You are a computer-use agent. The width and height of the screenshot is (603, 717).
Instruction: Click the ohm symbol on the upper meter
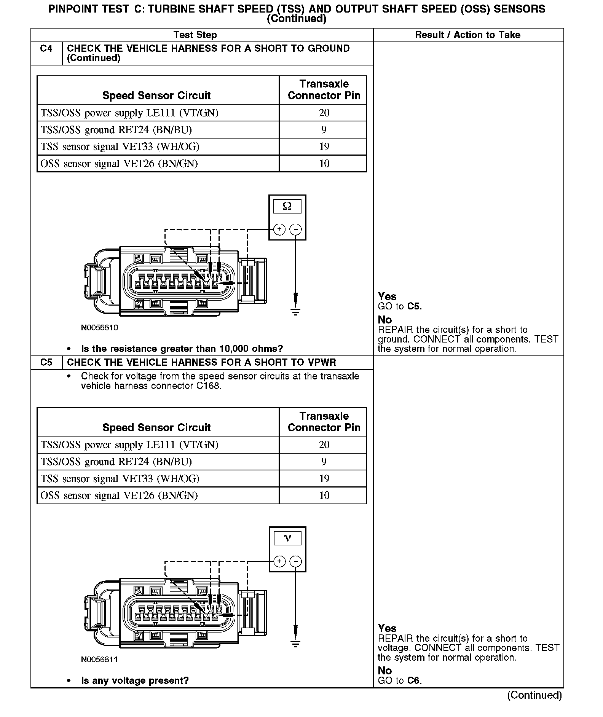click(287, 206)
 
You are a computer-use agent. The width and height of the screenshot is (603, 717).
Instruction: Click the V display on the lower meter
click(287, 538)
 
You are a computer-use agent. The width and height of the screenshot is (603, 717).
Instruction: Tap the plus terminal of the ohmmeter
click(279, 229)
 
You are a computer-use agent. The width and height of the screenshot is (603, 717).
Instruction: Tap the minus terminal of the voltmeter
click(296, 561)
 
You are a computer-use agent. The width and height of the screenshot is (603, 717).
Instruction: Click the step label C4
click(46, 48)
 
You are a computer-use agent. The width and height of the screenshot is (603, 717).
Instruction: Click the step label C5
click(46, 362)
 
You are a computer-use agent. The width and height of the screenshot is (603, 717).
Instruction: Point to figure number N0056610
click(99, 328)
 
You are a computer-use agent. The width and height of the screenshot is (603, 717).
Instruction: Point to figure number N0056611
click(99, 660)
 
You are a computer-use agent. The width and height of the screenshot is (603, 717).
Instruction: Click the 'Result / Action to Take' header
click(467, 35)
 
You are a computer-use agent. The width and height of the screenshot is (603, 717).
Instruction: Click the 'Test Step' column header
click(195, 35)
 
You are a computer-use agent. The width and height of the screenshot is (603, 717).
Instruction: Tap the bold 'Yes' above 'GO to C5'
click(387, 296)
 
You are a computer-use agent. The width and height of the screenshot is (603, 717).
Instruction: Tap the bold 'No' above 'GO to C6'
click(384, 671)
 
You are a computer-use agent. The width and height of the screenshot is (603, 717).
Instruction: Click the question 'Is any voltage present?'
click(135, 680)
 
